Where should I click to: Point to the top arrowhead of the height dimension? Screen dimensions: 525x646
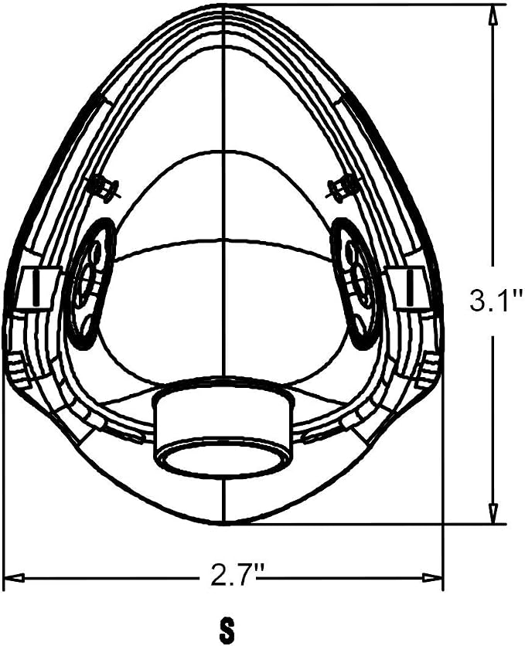click(x=493, y=16)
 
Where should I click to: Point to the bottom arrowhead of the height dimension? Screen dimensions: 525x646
click(x=493, y=513)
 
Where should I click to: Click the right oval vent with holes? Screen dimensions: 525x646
click(x=358, y=283)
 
